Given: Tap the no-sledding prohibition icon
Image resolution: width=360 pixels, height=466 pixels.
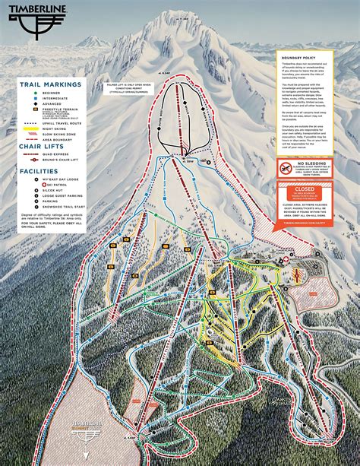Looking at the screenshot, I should [284, 166].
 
